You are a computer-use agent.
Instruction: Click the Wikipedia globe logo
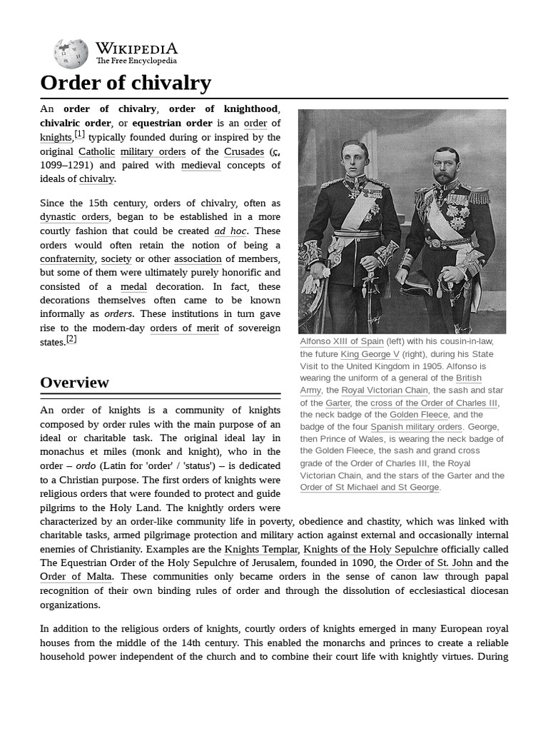coord(71,54)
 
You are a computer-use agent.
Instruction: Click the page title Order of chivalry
coord(126,83)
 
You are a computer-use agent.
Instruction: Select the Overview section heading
coord(75,383)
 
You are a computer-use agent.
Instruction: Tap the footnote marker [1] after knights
coord(79,134)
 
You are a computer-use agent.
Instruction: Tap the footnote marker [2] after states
coord(71,339)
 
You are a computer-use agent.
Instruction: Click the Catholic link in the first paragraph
coord(96,151)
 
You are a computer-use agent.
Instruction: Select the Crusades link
coord(243,151)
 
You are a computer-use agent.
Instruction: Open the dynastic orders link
coord(75,217)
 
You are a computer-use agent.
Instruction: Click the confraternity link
coord(67,258)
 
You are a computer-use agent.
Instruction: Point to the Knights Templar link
coord(262,549)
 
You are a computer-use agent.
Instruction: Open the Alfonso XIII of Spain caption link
coord(342,341)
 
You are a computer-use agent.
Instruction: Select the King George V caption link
coord(370,354)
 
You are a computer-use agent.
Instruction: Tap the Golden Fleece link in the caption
coord(419,415)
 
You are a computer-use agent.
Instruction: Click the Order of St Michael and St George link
coord(370,488)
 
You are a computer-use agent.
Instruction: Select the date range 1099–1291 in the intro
coord(71,165)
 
